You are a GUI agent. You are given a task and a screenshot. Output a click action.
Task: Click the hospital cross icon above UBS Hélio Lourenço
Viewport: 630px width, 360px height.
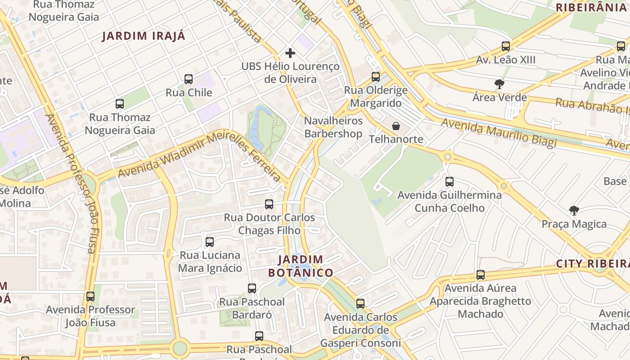click(x=290, y=53)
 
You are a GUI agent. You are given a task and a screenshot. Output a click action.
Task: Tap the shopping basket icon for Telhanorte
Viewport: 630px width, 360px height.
click(x=396, y=126)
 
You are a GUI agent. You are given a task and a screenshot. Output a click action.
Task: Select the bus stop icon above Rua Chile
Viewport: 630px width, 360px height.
click(x=189, y=79)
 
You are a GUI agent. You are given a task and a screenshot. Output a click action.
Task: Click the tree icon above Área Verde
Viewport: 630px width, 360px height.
click(x=499, y=84)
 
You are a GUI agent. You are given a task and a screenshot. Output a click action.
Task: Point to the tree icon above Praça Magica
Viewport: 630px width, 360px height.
click(x=574, y=210)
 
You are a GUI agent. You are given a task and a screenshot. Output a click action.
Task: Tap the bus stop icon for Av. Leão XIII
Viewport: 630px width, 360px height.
click(x=506, y=46)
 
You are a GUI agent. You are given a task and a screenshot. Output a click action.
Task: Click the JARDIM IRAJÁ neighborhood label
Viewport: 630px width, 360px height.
click(x=144, y=36)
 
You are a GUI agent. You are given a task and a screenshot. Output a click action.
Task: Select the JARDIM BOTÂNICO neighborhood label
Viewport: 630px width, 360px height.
click(x=301, y=266)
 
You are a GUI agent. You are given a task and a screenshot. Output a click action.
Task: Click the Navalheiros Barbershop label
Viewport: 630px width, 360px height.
click(x=333, y=127)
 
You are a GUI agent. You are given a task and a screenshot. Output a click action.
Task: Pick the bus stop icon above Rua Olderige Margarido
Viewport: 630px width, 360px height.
click(x=376, y=77)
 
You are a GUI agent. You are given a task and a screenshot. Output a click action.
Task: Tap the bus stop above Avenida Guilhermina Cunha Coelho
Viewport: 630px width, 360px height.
click(x=450, y=182)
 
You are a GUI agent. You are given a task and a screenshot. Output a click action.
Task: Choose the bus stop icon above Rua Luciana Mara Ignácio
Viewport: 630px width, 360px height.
click(x=210, y=242)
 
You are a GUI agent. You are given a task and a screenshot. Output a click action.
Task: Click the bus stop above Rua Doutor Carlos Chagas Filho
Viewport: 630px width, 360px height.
click(x=269, y=204)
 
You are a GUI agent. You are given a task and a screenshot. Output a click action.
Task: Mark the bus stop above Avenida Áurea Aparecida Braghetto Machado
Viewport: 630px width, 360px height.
click(x=481, y=275)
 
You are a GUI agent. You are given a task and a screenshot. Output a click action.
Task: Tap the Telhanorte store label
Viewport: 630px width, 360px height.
click(x=396, y=139)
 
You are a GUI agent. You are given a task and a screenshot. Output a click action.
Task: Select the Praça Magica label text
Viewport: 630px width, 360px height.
click(x=574, y=224)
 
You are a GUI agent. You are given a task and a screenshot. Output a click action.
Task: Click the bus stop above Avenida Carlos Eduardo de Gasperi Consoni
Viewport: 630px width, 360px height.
click(x=360, y=304)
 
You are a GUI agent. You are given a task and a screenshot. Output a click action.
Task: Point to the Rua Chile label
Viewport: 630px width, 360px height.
click(x=189, y=93)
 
